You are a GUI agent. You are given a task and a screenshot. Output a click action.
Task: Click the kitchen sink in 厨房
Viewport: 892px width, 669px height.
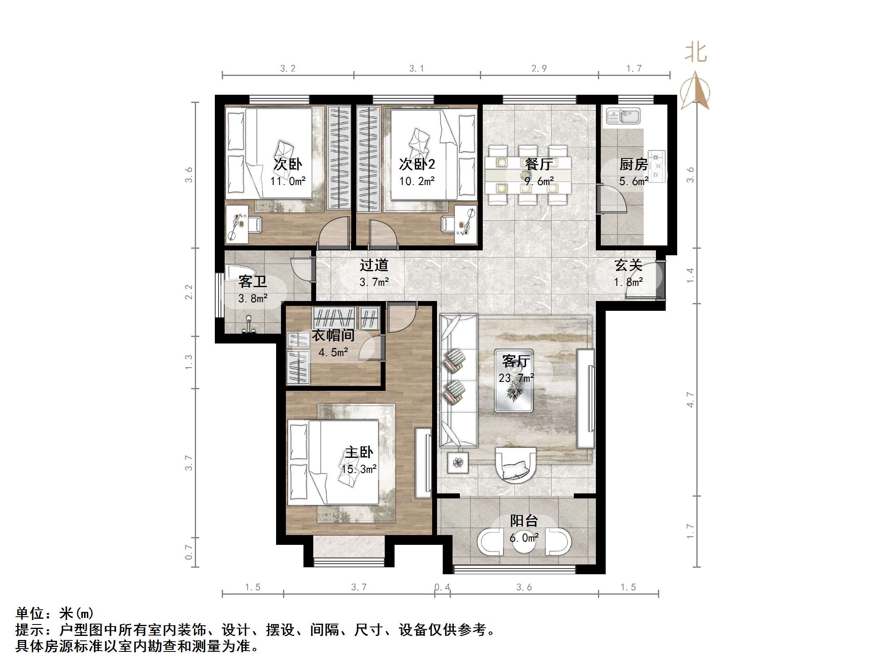point(623,116)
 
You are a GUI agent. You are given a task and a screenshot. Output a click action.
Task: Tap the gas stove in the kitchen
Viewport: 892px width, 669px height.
point(656,166)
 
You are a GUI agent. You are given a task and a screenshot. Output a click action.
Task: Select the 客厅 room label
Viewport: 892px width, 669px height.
point(516,361)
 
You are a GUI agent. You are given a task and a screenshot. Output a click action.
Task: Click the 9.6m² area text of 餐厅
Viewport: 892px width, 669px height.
point(539,181)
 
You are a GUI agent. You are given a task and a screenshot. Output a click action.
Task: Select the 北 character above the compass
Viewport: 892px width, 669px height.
point(696,54)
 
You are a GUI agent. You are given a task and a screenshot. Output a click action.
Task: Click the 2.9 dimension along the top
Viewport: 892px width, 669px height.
point(539,69)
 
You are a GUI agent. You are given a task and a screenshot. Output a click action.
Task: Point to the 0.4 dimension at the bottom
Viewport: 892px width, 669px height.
point(442,587)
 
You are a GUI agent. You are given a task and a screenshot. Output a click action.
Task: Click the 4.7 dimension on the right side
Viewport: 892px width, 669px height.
point(690,399)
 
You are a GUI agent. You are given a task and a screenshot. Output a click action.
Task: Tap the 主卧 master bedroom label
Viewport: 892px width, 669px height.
point(359,453)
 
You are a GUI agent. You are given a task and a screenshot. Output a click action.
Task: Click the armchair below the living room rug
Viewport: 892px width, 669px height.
point(515,465)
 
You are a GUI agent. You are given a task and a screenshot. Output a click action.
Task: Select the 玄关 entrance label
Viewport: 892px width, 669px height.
point(629,265)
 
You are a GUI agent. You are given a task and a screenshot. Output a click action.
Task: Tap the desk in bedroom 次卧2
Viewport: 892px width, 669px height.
point(466,225)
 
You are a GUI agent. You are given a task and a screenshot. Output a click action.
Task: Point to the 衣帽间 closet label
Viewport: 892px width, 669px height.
point(333,336)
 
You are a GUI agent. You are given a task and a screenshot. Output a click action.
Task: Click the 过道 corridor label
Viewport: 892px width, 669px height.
point(374,265)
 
